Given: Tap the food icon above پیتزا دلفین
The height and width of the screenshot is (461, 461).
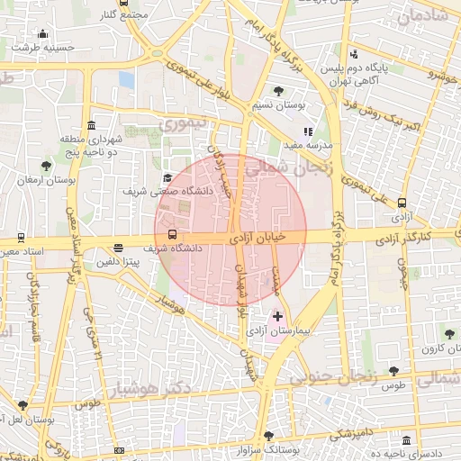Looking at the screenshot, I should [x=118, y=250].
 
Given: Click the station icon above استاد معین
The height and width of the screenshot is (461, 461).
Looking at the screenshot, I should [x=20, y=238].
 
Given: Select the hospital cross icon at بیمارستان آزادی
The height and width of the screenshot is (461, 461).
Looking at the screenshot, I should [x=276, y=316].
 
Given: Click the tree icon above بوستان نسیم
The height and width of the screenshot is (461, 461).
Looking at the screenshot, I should [x=279, y=91].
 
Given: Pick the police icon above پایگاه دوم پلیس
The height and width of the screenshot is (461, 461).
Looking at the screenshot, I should [x=355, y=54].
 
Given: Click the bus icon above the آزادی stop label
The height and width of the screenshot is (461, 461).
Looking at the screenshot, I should [x=401, y=204].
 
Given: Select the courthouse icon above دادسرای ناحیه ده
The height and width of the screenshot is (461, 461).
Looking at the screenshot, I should [x=407, y=442].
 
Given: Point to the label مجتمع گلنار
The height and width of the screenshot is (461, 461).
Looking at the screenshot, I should [x=125, y=15].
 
